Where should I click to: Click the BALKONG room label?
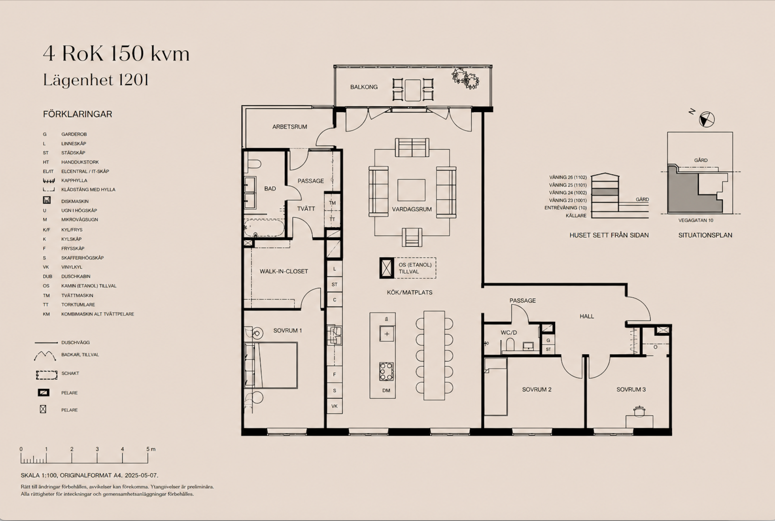pos(364,87)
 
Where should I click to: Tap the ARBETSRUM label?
pos(289,127)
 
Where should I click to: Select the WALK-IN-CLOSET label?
pos(284,271)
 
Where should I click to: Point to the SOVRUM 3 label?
pos(631,389)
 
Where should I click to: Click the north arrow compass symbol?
pos(707,119)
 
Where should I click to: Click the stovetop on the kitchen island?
pos(386,372)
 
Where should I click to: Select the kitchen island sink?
pos(386,334)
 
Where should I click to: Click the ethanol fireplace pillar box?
pos(386,268)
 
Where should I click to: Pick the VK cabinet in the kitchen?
pos(335,406)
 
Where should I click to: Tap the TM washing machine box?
pos(332,202)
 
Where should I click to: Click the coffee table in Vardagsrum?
pos(411,190)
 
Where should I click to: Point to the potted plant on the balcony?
pos(465,79)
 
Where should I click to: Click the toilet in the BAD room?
pos(253,164)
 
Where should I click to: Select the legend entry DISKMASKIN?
pos(75,201)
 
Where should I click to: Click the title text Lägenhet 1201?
pos(96,80)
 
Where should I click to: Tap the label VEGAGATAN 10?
pos(696,221)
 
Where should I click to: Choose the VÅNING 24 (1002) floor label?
pos(568,193)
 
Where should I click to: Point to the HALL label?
pos(587,316)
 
